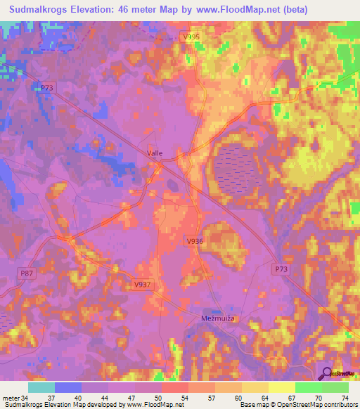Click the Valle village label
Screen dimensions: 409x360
155,152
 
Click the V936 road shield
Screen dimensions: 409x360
195,241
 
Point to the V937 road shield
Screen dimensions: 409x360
142,285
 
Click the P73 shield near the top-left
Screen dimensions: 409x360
46,87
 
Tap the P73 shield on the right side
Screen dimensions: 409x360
281,268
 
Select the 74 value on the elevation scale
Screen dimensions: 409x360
345,398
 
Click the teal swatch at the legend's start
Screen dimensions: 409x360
41,387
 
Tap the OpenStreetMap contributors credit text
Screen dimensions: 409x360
312,405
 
